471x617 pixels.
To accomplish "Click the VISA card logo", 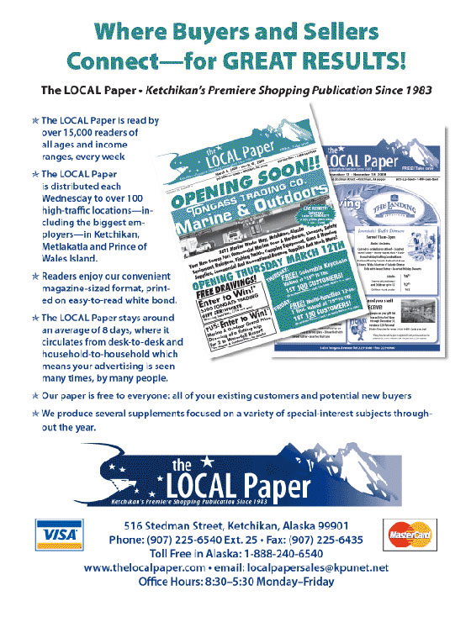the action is click(57, 535).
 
